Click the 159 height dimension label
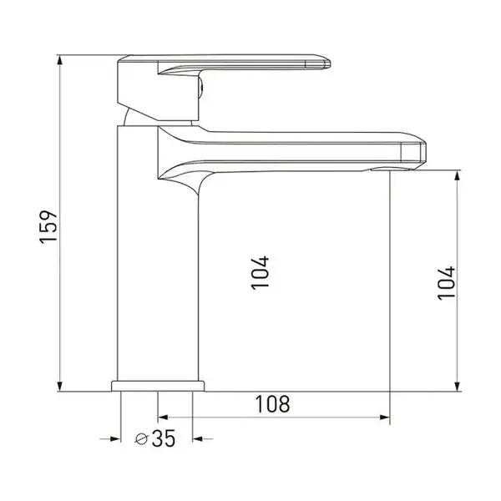pos(48,227)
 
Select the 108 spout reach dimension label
pos(272,404)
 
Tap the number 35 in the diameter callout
pos(164,438)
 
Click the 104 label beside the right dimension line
pos(446,283)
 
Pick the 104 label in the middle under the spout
pos(260,273)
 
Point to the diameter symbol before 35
pos(141,438)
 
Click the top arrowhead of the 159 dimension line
pos(60,60)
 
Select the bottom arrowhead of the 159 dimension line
pos(60,387)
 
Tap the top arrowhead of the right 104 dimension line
pos(458,175)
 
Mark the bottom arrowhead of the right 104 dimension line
pos(458,387)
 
